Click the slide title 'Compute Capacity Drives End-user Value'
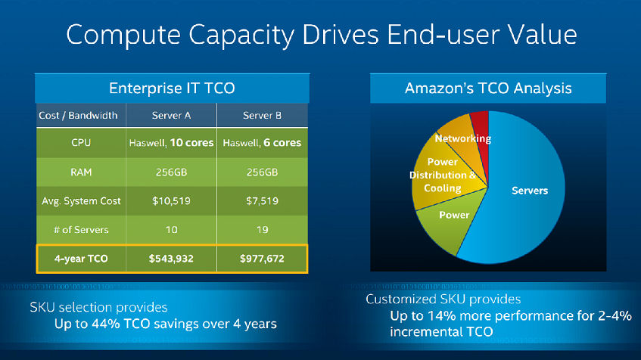coord(321,35)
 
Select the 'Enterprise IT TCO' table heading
coord(172,88)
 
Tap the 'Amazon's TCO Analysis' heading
coord(488,88)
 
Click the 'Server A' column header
coord(171,115)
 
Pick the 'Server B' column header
coord(263,115)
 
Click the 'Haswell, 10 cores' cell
coord(171,142)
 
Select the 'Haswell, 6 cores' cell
coord(263,142)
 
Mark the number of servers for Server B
coord(263,229)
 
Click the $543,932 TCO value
coord(171,259)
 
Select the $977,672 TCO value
coord(263,259)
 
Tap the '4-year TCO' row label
coord(80,259)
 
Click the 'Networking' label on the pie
coord(463,138)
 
